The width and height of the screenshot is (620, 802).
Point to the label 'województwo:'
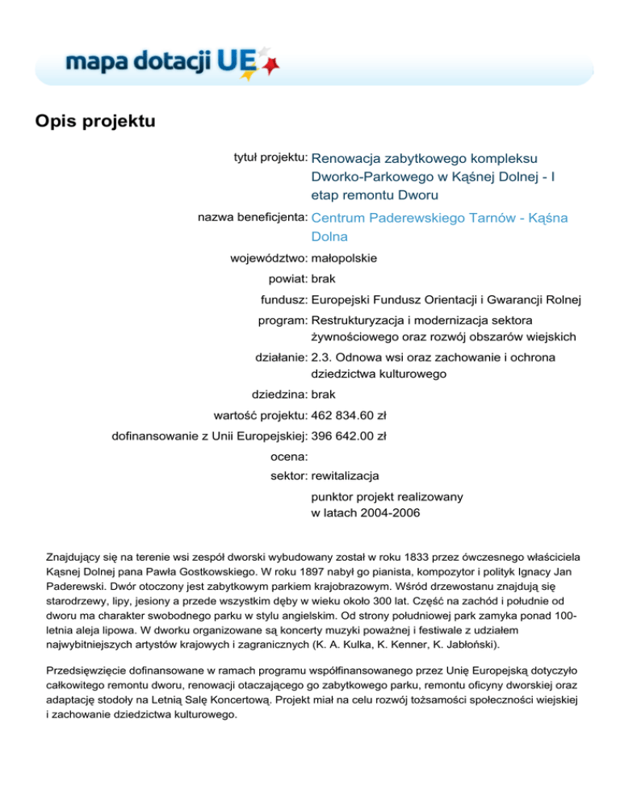268,259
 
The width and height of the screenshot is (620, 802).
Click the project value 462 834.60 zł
349,416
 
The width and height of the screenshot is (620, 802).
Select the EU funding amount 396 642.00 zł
349,437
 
